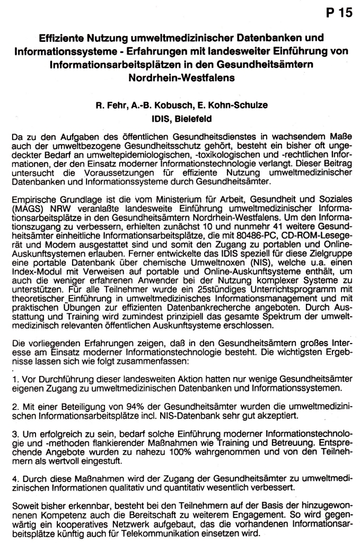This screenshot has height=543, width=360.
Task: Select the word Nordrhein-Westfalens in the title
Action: coord(180,76)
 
